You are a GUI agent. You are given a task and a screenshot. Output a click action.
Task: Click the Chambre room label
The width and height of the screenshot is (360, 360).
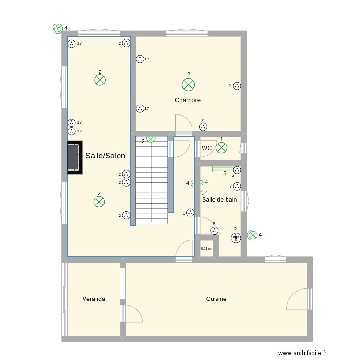coord(188,100)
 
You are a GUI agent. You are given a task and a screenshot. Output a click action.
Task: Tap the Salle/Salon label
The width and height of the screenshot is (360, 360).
coord(105,156)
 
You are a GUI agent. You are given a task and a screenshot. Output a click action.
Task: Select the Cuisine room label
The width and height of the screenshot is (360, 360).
coord(216,299)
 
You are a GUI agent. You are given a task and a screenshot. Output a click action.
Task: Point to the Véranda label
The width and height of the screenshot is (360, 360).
coord(94,299)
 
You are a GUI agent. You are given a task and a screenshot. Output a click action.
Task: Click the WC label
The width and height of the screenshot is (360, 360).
coord(206,148)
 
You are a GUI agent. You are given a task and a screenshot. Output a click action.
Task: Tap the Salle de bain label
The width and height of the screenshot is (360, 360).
coord(219,200)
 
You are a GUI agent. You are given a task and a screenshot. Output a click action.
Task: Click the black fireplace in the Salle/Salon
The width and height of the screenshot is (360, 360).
coord(74,157)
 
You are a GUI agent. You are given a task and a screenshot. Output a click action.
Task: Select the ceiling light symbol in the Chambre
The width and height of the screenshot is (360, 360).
coord(189,84)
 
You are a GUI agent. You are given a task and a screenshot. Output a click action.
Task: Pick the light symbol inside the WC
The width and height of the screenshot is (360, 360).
coord(222,147)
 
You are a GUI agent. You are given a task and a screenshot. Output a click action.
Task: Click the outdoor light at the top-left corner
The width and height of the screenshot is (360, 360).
coord(58,28)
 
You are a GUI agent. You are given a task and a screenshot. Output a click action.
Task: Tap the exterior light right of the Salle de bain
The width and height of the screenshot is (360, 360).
coord(252,235)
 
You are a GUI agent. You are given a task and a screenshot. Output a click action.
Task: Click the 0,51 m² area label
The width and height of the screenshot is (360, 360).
coord(206,249)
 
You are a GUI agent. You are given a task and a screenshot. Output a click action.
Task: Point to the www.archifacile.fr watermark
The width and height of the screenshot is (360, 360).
coord(302,353)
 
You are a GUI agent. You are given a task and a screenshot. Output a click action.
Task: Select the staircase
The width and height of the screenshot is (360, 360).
coord(151,180)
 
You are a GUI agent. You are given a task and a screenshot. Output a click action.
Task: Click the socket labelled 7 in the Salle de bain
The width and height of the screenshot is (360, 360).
coord(237,186)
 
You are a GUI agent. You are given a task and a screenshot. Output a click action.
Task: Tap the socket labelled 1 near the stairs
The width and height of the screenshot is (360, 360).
coord(190,213)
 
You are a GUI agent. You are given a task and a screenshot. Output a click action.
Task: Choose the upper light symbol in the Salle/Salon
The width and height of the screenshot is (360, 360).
coord(100,80)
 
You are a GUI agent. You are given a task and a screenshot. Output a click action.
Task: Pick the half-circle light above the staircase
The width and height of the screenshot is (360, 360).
coord(151,139)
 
